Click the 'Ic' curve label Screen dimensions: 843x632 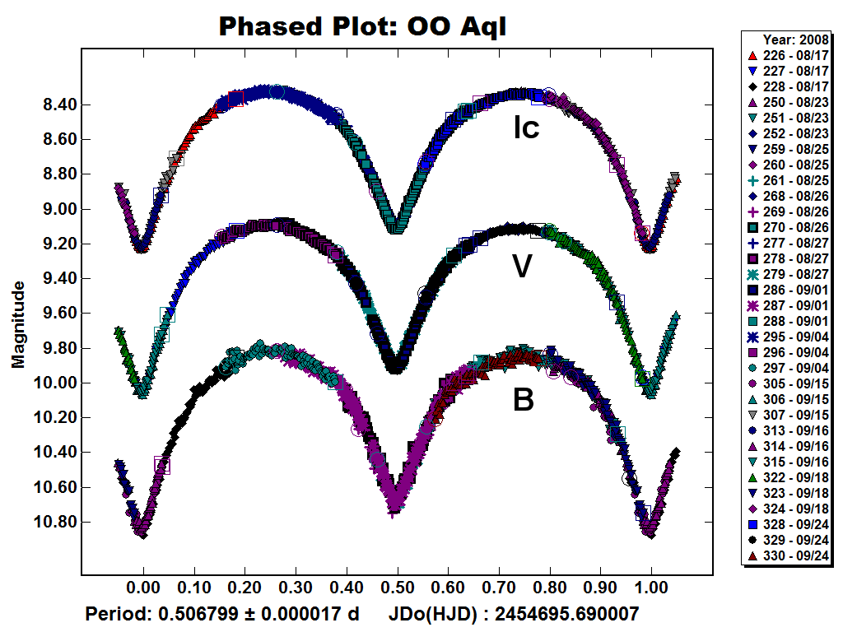pos(526,128)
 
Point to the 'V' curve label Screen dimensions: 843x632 pos(522,266)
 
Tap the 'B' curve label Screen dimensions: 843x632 pos(523,400)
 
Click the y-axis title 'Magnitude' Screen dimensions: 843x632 pos(18,324)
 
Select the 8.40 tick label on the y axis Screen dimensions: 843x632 pos(59,105)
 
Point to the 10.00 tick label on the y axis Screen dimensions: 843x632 pos(55,383)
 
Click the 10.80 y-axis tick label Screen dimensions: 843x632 pos(55,522)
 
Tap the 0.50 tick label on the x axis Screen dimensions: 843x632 pos(398,588)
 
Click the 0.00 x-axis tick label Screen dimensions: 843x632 pos(143,588)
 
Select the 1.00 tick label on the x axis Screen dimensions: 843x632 pos(651,588)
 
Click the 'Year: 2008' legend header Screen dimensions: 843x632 pos(796,39)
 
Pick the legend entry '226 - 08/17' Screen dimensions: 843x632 pos(796,55)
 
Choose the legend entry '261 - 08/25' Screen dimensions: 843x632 pos(796,180)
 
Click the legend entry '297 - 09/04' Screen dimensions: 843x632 pos(796,368)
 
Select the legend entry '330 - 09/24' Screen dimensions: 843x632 pos(796,555)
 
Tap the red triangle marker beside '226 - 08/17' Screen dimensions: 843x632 pos(752,55)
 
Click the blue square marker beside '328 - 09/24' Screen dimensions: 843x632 pos(752,524)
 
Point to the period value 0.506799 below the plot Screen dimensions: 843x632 pos(197,613)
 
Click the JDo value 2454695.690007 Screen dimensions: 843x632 pos(566,613)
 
